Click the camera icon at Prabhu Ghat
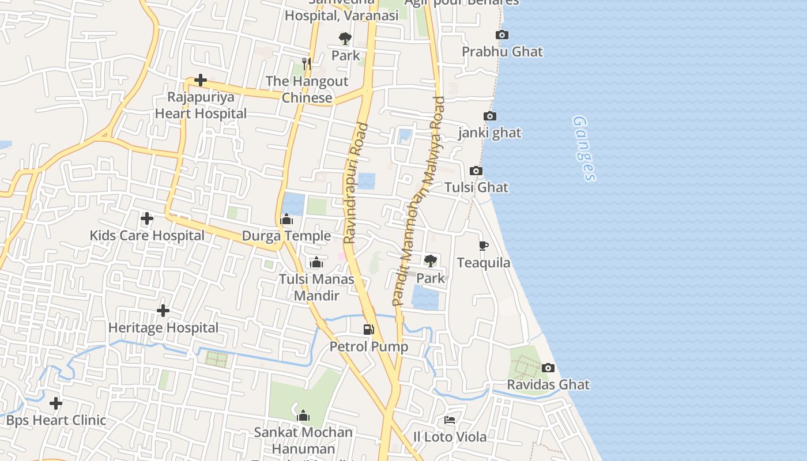502,35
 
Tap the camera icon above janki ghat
489,116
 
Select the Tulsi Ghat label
476,187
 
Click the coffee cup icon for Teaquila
484,246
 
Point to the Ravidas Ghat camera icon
548,368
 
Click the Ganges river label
584,149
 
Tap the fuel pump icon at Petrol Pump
368,330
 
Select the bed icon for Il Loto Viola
450,420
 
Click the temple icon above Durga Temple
286,219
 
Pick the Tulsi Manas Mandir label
316,287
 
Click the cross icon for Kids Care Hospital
147,218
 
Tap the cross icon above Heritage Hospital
163,311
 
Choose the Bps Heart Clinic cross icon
56,403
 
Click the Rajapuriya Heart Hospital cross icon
201,80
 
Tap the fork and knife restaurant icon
307,63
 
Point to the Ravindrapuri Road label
356,183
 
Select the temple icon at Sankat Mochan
303,415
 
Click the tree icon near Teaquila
430,261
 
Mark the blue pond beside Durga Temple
293,204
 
